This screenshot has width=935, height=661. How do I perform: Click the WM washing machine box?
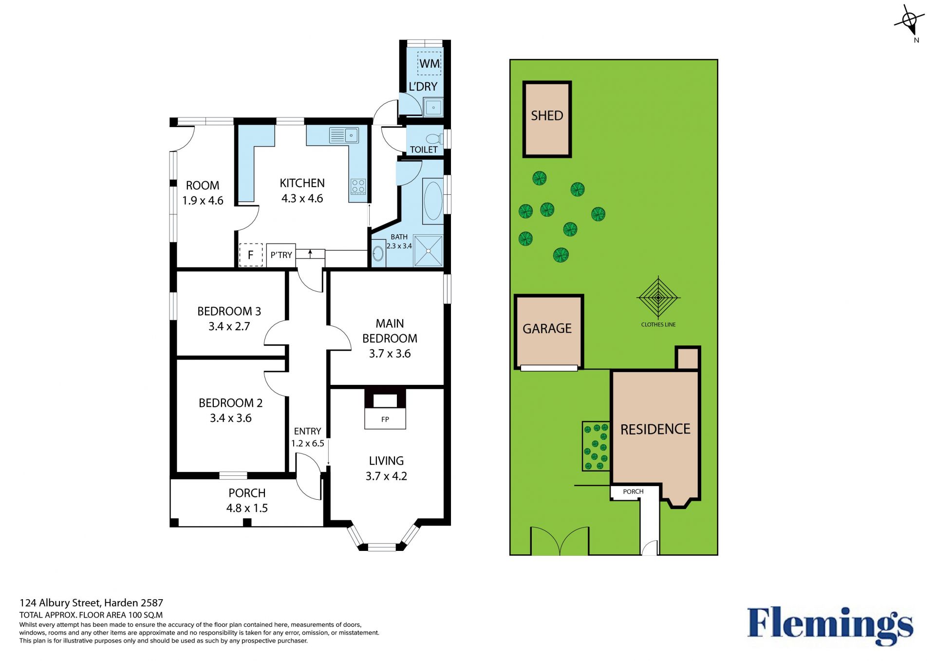pos(430,63)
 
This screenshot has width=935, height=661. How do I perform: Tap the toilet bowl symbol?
pos(434,138)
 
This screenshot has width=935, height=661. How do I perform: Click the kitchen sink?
pos(344,135)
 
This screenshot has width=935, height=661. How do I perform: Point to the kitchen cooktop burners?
pos(358,187)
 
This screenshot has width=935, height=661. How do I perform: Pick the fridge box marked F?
pos(251,255)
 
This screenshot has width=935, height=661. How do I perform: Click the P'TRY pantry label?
pos(281,255)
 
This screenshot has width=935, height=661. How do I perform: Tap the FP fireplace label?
pos(385,419)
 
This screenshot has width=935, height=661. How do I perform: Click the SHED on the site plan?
pos(547,119)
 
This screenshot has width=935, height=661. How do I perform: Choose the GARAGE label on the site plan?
pos(547,329)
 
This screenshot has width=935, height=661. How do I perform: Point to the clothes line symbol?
pos(658,297)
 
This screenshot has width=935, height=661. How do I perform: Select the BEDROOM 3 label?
pos(229,311)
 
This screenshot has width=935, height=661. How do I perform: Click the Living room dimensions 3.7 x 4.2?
pos(386,476)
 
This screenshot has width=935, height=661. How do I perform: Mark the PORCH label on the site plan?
pos(633,491)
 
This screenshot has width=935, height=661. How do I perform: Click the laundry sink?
pos(433,107)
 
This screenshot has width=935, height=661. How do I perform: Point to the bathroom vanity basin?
pos(378,253)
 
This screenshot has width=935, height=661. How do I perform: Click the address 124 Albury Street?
pos(61,603)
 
